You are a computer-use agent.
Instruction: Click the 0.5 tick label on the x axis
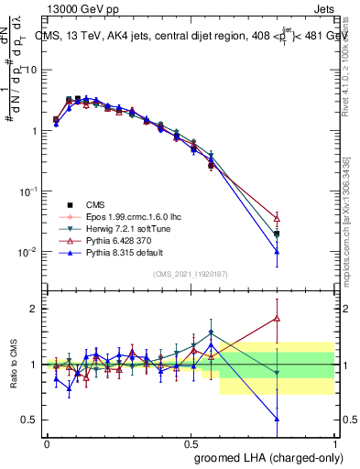click(191, 442)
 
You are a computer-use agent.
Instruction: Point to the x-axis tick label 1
click(335, 442)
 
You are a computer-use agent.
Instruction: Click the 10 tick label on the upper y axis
click(32, 71)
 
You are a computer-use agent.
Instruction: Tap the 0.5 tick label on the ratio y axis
click(32, 420)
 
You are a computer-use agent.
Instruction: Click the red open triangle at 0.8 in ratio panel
click(278, 319)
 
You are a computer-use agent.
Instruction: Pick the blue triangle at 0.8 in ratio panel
click(278, 419)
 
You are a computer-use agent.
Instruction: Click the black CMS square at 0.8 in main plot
click(278, 234)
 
